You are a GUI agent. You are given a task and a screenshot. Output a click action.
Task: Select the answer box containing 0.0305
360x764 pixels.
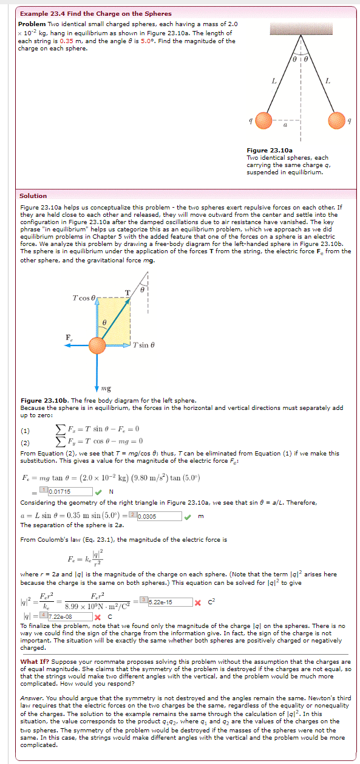(159, 516)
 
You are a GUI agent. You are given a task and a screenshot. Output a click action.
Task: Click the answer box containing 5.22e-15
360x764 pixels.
(168, 602)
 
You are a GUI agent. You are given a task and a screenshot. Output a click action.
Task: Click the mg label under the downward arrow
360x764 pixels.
(105, 388)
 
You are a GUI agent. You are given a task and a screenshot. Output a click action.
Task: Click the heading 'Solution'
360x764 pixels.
(33, 196)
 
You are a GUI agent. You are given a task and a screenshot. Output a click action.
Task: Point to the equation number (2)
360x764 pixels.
(26, 441)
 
